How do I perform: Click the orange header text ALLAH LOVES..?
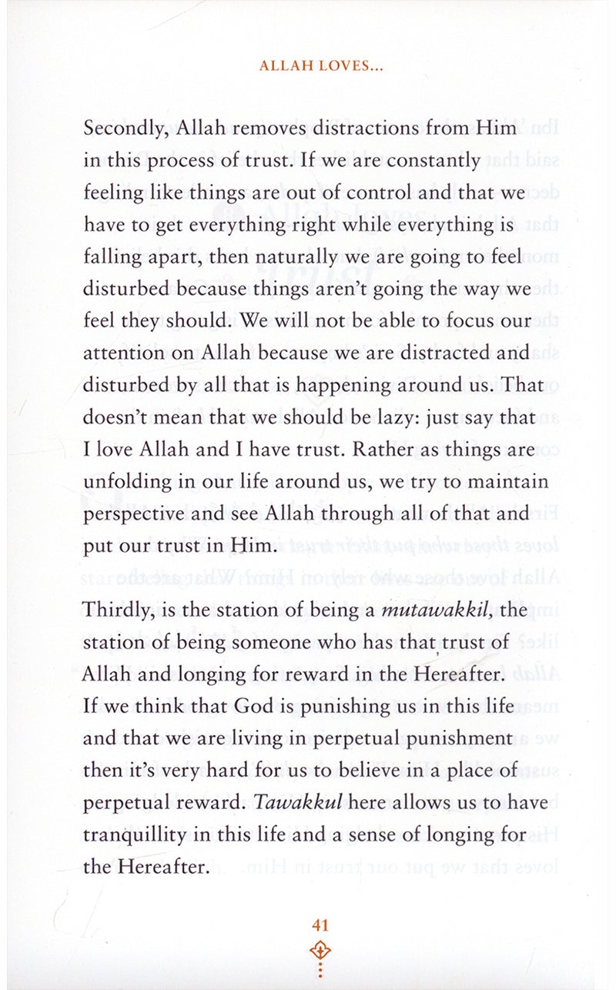(322, 66)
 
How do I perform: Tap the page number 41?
(320, 925)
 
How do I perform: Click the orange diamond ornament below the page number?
(320, 950)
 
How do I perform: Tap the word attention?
(118, 353)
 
